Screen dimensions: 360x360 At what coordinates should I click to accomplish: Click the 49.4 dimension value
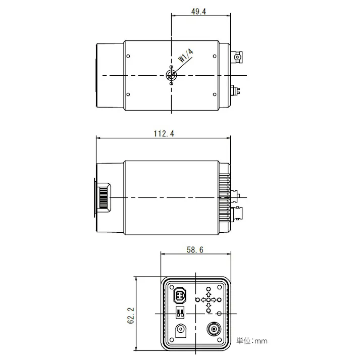click(x=198, y=11)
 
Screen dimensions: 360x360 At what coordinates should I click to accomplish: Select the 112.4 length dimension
click(x=164, y=133)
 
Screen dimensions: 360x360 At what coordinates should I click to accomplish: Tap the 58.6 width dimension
click(x=193, y=249)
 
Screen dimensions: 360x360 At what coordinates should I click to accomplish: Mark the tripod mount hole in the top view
click(x=171, y=75)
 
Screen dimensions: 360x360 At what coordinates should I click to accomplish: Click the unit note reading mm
click(x=252, y=341)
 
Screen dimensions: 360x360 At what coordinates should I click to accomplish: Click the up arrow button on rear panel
click(x=208, y=294)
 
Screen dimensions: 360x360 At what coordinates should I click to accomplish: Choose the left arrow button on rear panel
click(x=202, y=300)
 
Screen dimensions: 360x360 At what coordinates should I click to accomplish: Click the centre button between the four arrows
click(x=208, y=300)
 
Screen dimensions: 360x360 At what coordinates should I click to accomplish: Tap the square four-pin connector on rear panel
click(x=180, y=294)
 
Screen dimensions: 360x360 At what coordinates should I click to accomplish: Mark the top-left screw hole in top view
click(x=129, y=56)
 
